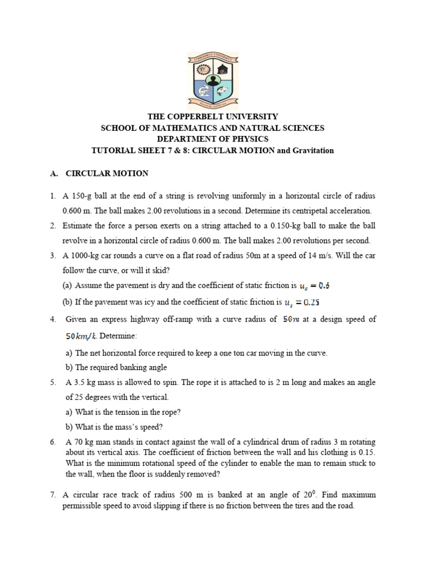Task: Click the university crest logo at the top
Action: click(x=213, y=80)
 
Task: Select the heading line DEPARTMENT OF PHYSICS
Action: click(x=212, y=139)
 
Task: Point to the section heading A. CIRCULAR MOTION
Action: click(x=99, y=174)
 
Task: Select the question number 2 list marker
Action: click(x=52, y=226)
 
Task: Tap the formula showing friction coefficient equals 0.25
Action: click(x=302, y=303)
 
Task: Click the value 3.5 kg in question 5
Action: click(x=82, y=382)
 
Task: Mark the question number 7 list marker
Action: click(x=52, y=495)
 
